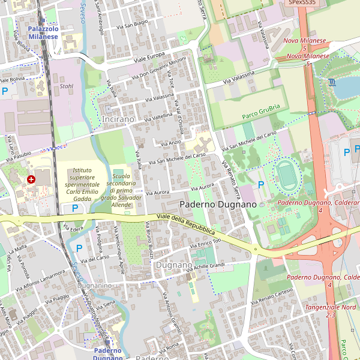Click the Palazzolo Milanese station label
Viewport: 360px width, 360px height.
click(x=43, y=32)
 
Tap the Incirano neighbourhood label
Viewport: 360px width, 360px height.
click(x=118, y=119)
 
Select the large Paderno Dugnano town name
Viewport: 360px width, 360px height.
click(x=217, y=205)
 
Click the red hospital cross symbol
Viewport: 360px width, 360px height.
click(x=31, y=179)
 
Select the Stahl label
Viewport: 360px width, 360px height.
click(x=67, y=86)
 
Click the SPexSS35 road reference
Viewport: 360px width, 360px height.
click(x=302, y=3)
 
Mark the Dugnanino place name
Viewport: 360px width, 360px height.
click(x=94, y=286)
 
